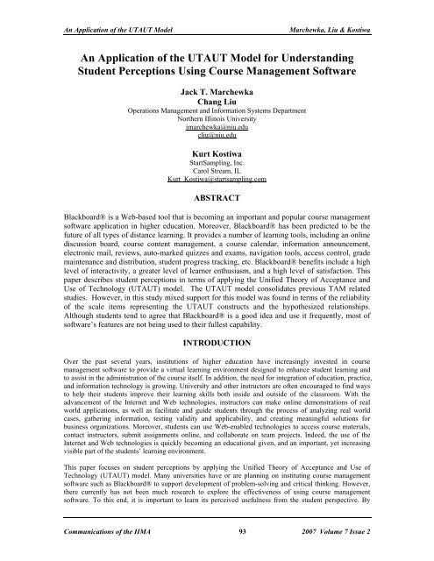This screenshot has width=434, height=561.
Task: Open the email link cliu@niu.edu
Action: pyautogui.click(x=217, y=137)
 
